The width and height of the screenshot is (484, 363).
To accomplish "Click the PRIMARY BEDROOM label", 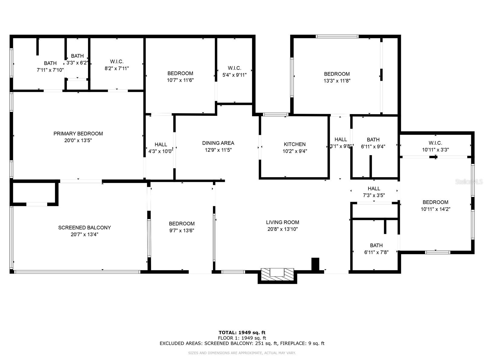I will click(78, 133).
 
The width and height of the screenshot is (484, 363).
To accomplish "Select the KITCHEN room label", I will click(295, 144).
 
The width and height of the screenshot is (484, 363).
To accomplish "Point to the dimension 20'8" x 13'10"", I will click(283, 229).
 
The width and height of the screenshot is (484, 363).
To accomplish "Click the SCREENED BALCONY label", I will click(84, 227).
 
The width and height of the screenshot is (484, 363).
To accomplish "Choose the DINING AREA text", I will click(218, 143).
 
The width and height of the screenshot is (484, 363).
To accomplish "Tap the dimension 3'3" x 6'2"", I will click(77, 63).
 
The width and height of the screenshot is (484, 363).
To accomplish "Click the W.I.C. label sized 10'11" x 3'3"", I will click(435, 143).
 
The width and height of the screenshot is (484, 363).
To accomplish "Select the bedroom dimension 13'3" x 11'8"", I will click(337, 81).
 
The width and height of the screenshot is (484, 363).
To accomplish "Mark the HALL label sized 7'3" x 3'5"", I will click(374, 188).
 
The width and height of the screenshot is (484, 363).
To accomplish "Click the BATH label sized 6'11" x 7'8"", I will click(376, 245).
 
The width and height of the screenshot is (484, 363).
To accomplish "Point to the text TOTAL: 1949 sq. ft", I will click(242, 332).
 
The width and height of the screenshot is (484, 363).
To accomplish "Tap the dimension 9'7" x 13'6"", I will click(181, 231).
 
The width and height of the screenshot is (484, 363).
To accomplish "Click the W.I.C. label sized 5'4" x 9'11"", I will click(234, 68).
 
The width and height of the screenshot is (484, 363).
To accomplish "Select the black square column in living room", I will click(315, 263).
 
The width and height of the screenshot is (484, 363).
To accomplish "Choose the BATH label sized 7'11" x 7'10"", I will click(50, 63).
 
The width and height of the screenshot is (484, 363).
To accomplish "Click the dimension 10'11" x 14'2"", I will click(435, 209).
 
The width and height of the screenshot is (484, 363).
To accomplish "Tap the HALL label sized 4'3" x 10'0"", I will click(161, 144).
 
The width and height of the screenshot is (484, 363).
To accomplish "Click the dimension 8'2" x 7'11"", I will click(117, 69).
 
